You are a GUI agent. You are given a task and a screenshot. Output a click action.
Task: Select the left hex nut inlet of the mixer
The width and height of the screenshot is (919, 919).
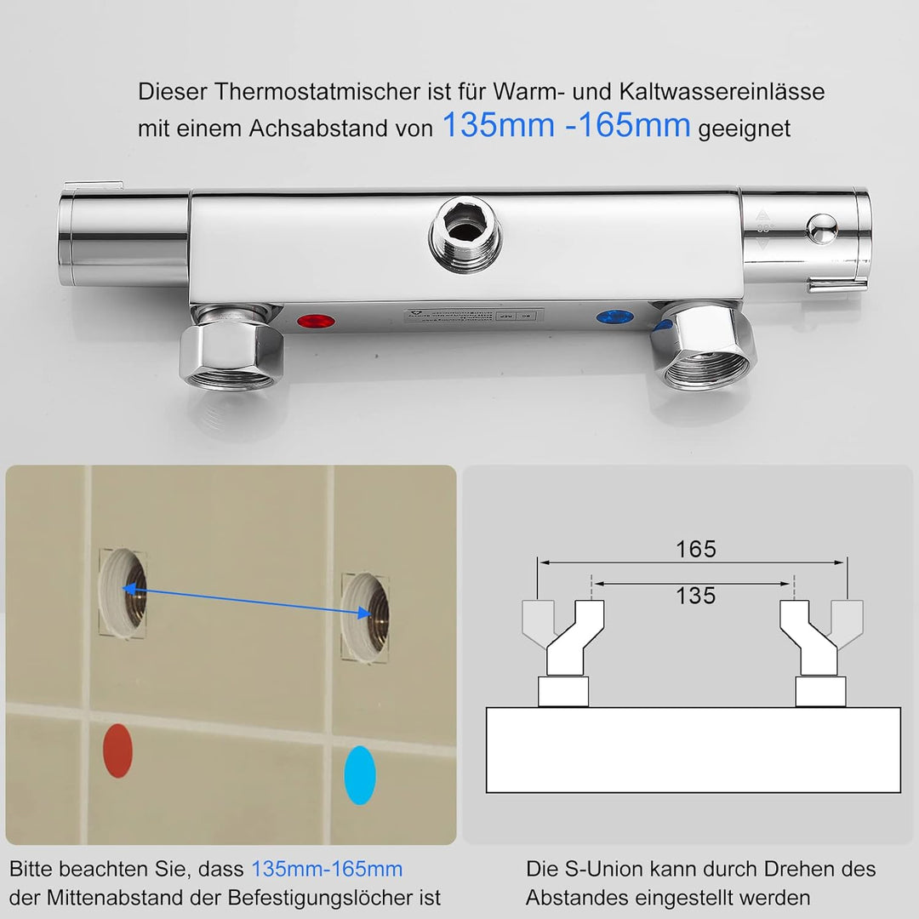232,351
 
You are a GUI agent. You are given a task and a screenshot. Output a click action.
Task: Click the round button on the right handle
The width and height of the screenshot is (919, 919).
821,228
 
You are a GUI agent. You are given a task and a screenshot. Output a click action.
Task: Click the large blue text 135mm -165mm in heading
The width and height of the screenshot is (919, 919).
566,126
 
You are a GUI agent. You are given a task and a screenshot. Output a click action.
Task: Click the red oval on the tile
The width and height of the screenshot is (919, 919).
117,751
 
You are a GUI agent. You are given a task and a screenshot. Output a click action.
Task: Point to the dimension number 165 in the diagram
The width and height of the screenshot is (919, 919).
695,550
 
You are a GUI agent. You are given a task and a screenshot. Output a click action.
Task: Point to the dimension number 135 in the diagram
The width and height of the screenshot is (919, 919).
695,596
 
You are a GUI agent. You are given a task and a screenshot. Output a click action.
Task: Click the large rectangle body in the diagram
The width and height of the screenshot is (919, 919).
693,750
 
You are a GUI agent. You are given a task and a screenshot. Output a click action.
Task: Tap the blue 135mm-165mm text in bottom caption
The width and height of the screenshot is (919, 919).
326,869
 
